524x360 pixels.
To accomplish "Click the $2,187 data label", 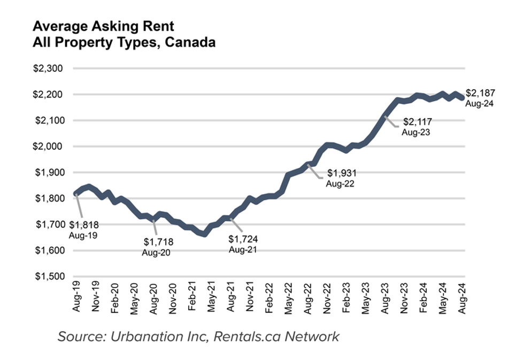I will pyautogui.click(x=480, y=93).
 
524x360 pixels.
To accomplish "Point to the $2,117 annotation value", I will pyautogui.click(x=417, y=122).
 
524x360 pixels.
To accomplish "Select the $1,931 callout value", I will pyautogui.click(x=341, y=173).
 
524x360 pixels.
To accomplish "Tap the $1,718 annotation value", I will pyautogui.click(x=159, y=242).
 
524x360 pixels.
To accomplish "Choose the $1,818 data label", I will pyautogui.click(x=83, y=225).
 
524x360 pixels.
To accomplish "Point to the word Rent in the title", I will pyautogui.click(x=161, y=27).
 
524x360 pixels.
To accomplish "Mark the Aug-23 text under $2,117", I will pyautogui.click(x=417, y=131).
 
